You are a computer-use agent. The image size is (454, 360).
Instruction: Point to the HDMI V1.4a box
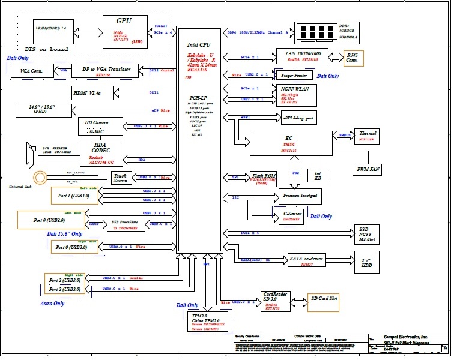(87, 93)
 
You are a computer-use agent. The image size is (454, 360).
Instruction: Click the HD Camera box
(100, 125)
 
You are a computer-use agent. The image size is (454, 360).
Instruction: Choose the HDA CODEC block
(100, 153)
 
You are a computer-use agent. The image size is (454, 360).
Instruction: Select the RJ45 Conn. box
(353, 58)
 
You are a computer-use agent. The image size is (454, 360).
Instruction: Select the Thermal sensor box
(367, 136)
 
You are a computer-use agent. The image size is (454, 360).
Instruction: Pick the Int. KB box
(318, 176)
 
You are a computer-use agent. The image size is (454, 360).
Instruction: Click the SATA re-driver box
(306, 260)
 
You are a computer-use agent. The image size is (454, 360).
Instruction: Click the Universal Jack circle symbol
(40, 177)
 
